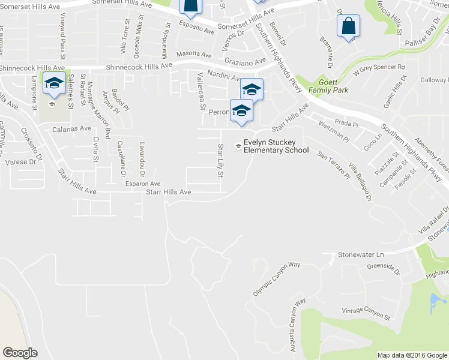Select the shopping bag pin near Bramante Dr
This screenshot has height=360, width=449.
coord(348,26)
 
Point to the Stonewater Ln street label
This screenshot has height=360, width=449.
coord(361,255)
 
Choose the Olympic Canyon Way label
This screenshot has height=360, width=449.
coord(277,279)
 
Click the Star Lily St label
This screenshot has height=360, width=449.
coord(220,160)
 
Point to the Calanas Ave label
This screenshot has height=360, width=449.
coord(71,128)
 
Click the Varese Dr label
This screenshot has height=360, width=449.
coord(20,162)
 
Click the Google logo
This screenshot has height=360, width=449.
coord(20,353)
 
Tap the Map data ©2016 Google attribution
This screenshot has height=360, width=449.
coord(412,355)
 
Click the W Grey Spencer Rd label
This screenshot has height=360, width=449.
coord(379,70)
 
